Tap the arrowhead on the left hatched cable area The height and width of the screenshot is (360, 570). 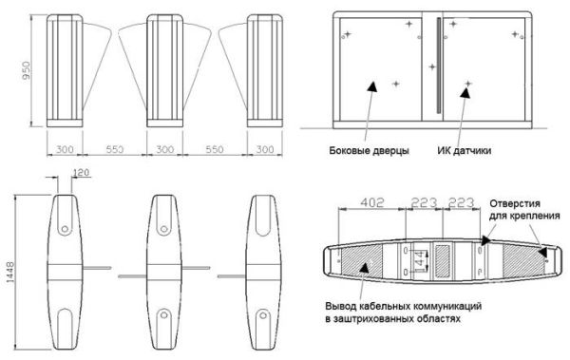point(366,269)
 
